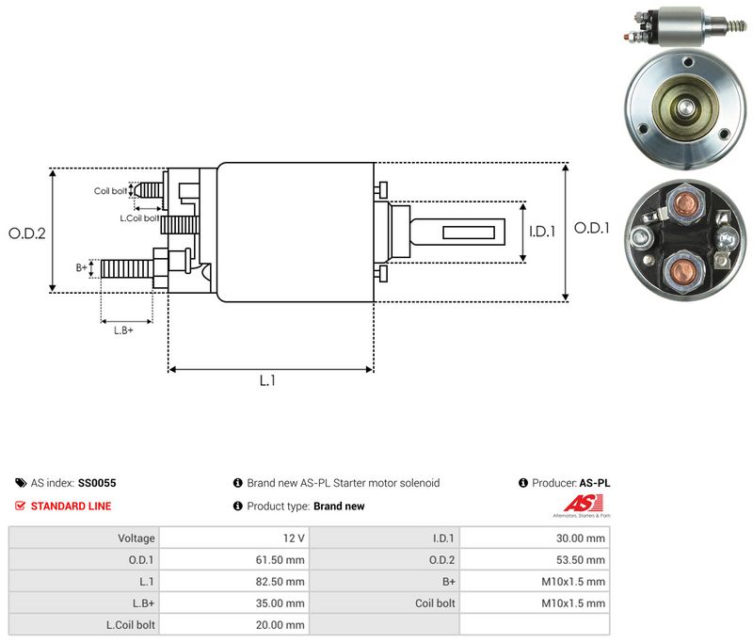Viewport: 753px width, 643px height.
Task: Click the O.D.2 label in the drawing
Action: (x=27, y=233)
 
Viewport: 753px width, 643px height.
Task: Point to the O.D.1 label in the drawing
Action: (x=592, y=228)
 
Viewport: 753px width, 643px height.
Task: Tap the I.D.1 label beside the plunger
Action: (x=542, y=232)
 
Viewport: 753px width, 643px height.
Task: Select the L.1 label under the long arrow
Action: (x=267, y=380)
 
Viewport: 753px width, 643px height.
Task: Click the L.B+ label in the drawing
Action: (x=123, y=330)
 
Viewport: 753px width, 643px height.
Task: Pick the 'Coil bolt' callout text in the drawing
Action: (x=110, y=191)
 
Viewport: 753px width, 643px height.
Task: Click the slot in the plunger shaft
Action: (x=468, y=233)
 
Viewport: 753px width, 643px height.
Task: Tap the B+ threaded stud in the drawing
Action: (x=127, y=268)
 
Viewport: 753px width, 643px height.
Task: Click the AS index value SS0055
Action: (x=97, y=483)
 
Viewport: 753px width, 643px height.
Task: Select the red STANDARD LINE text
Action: (x=72, y=506)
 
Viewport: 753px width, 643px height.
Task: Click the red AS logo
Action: (x=583, y=504)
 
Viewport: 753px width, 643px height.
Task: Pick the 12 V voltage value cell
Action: (x=234, y=538)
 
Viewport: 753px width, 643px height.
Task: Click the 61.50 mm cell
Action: (x=234, y=559)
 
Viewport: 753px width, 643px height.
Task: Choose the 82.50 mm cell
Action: (x=234, y=581)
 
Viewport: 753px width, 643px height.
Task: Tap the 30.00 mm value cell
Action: (x=535, y=538)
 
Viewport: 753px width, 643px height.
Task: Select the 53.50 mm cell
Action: (x=535, y=559)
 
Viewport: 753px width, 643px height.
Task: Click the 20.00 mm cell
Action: (x=234, y=624)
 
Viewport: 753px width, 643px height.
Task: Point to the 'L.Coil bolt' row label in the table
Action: (x=131, y=625)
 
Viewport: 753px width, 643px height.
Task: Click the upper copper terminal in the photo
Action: (x=685, y=205)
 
